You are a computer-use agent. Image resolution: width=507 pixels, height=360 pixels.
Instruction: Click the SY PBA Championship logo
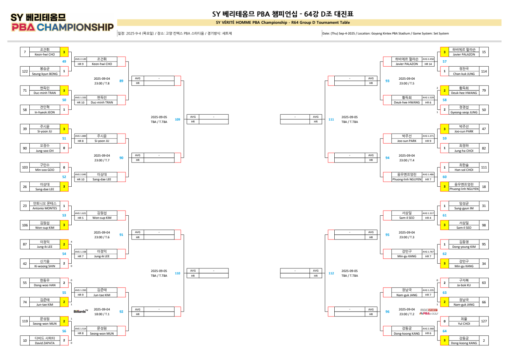point(62,23)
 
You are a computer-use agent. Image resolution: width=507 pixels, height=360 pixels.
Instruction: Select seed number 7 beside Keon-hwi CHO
point(25,52)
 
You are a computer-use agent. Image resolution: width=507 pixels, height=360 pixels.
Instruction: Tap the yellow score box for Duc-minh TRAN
point(64,90)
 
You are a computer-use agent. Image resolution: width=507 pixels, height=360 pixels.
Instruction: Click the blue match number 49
point(64,61)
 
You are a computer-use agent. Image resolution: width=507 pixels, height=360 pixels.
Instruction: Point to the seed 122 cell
point(25,71)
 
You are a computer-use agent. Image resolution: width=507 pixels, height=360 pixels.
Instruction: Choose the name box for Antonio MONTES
point(45,206)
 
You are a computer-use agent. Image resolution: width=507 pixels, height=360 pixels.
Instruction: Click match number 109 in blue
point(177,119)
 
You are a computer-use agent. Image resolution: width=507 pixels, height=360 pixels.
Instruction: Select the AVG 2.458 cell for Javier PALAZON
point(428,59)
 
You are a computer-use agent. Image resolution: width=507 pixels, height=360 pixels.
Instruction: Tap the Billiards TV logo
point(81,311)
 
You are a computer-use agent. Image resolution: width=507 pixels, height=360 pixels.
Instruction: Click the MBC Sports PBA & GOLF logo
point(429,312)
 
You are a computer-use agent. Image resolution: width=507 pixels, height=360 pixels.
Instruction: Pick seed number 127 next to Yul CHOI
point(484,321)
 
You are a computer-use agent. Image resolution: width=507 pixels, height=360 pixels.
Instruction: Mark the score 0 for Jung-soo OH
point(64,148)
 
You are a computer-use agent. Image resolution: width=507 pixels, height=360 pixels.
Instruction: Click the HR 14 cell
point(428,63)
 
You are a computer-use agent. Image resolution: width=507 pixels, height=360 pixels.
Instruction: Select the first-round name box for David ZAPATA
point(45,341)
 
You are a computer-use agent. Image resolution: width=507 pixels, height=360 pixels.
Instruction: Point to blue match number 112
point(331,273)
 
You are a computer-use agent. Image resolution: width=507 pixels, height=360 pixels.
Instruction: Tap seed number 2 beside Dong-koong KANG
point(484,341)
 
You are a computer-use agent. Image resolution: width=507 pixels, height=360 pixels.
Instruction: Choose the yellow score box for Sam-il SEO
point(444,225)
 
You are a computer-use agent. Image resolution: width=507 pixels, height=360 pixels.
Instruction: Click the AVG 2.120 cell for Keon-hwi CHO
point(81,59)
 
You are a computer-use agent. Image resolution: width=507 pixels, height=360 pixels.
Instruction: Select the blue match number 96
point(387,312)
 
